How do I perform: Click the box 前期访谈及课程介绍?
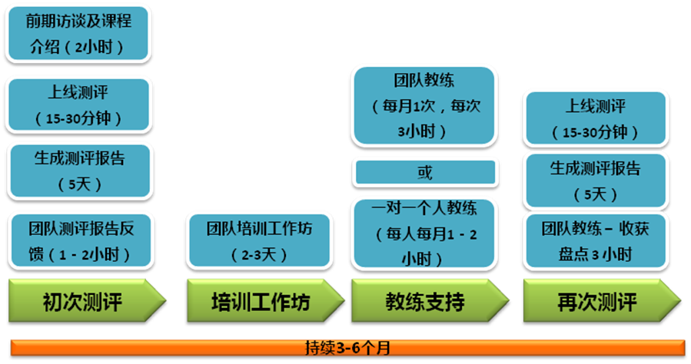pos(78,34)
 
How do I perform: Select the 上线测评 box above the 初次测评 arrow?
pos(78,104)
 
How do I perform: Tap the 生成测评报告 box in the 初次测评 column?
pos(80,170)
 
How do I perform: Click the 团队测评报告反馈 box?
pos(81,241)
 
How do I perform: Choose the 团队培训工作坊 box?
pos(260,241)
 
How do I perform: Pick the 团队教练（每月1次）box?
pos(424,106)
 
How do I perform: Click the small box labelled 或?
pos(425,172)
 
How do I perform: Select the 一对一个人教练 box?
pos(424,233)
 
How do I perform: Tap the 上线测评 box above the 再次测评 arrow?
pos(596,118)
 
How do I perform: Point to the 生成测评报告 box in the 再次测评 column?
pos(596,180)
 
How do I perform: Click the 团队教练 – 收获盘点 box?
pos(596,241)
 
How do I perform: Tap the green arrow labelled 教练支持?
pos(430,300)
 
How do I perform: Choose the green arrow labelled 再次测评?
pos(602,300)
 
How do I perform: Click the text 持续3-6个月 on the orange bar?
pos(347,348)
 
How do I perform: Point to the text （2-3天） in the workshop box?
pos(259,254)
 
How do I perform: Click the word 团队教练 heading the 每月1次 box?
pos(424,80)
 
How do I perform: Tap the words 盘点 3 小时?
pos(596,254)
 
